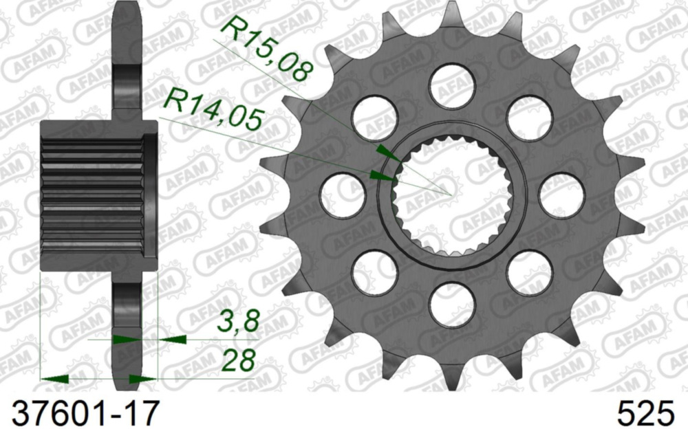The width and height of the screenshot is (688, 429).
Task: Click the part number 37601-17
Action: click(81, 412)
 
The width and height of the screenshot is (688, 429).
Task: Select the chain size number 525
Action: click(646, 412)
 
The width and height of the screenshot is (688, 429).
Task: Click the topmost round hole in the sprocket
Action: click(452, 86)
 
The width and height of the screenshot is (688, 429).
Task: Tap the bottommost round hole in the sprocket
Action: click(452, 304)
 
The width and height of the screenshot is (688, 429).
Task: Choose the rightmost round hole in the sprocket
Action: click(561, 195)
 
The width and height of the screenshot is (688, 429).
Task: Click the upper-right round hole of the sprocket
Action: click(530, 118)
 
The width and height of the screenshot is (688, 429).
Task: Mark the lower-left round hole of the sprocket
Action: click(375, 272)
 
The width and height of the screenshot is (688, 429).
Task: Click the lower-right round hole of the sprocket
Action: click(530, 272)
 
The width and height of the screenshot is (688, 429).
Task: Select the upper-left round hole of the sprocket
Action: click(375, 118)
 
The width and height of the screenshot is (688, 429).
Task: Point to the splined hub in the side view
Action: click(96, 195)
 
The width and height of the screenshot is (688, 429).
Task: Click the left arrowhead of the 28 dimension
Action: click(55, 378)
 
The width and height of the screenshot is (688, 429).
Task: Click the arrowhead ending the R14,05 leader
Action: click(382, 175)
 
